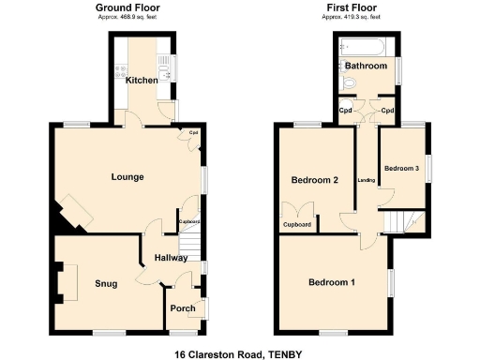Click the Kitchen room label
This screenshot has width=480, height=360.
142,81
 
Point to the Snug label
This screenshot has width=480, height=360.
106,283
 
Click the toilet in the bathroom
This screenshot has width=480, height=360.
349,84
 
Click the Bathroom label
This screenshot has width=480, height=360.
366,67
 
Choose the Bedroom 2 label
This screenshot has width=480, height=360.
313,181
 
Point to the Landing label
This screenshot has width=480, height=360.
367,180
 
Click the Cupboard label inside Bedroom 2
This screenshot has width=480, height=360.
297,225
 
